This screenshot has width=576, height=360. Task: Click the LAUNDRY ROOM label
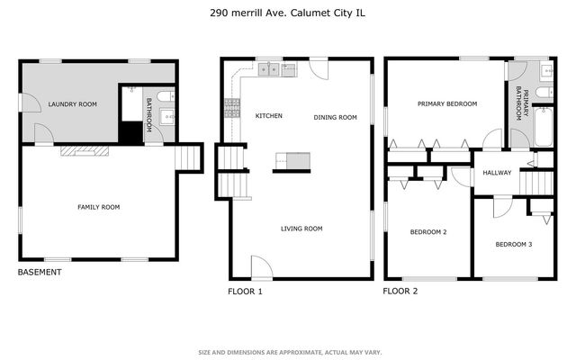click(x=73, y=104)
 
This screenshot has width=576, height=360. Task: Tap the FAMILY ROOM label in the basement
click(x=98, y=207)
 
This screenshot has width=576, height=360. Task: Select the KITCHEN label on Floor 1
click(x=269, y=116)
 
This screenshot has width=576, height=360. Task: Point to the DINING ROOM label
click(x=336, y=118)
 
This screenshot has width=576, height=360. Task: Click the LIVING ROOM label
click(x=301, y=229)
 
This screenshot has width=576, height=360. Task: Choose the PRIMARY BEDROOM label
click(x=446, y=104)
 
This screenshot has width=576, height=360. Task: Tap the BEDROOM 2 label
click(x=428, y=232)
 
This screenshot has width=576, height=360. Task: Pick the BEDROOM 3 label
click(x=513, y=245)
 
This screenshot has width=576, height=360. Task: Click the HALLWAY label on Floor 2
click(x=497, y=173)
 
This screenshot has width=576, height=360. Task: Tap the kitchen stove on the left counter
click(x=231, y=109)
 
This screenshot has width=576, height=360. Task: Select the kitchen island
click(x=292, y=160)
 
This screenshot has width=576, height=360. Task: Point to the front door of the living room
click(x=260, y=267)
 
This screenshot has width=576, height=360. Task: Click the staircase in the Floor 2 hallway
click(x=535, y=183)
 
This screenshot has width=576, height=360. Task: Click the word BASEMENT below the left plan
click(x=40, y=273)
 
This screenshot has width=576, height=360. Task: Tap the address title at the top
click(x=288, y=13)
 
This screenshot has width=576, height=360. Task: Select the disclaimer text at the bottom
click(x=288, y=352)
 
